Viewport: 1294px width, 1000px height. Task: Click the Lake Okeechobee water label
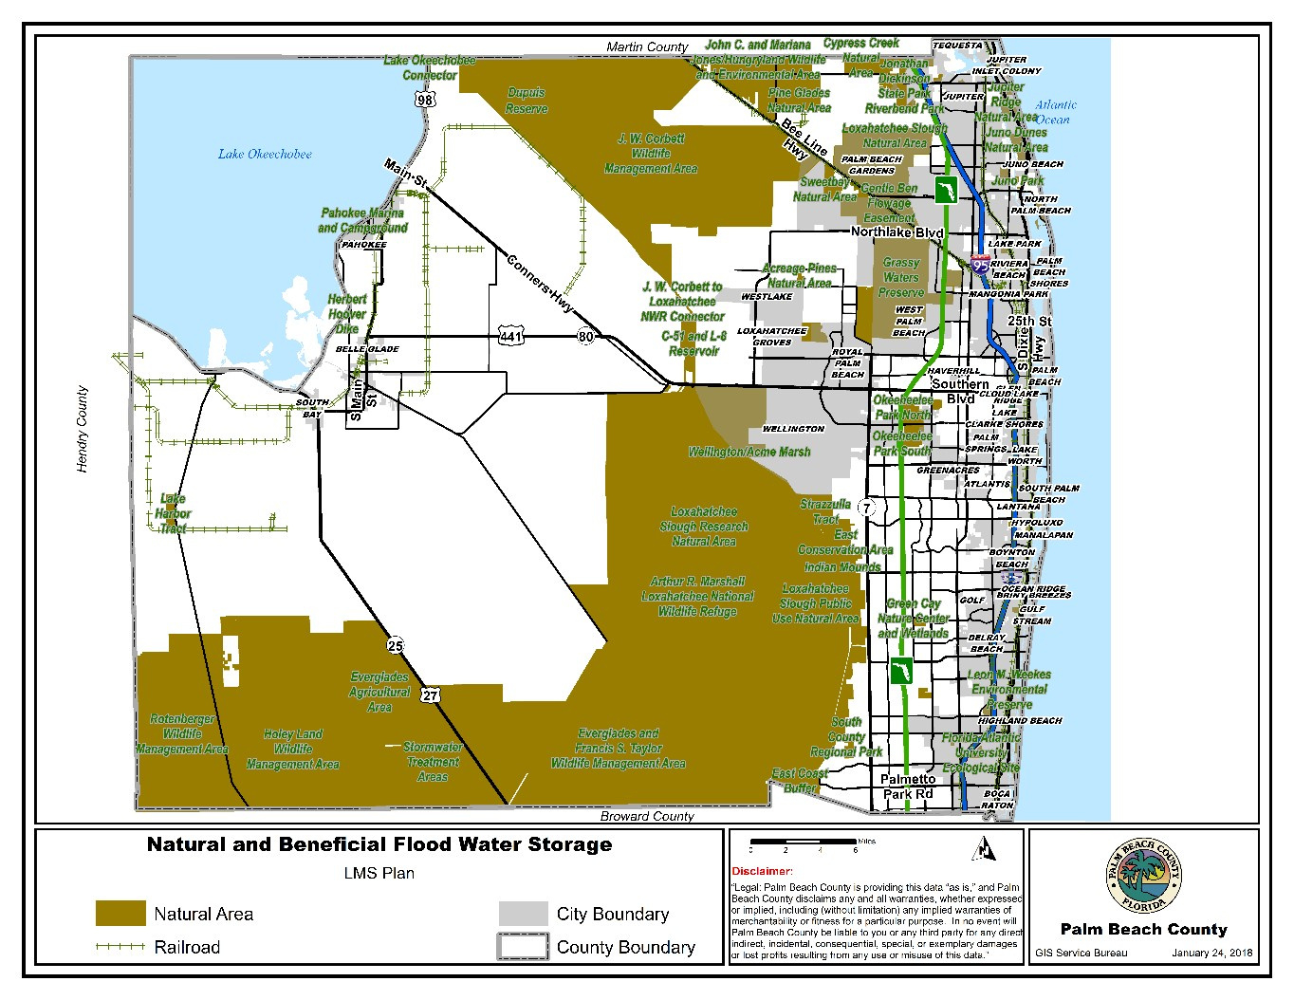(x=265, y=154)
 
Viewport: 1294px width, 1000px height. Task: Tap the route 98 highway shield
(x=424, y=100)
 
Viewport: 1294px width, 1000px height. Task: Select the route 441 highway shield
(x=510, y=336)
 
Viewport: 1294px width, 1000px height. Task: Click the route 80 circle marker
(x=585, y=336)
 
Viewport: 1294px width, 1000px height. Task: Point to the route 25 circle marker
(x=395, y=646)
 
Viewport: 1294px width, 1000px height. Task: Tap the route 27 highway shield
(x=431, y=695)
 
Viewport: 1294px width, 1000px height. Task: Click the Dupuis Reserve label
(x=527, y=101)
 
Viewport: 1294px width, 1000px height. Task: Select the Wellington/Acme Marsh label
(x=749, y=452)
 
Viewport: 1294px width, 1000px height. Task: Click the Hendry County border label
(x=83, y=429)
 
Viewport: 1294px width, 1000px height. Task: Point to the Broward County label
(x=647, y=816)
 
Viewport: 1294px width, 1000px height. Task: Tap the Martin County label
(x=647, y=46)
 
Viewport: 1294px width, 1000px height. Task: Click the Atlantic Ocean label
(x=1054, y=112)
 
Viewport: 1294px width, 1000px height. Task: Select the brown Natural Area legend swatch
(x=120, y=914)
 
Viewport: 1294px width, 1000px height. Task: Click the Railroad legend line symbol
(x=120, y=947)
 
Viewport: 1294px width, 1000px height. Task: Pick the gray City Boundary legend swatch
(x=524, y=914)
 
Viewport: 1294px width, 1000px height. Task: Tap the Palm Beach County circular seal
(x=1144, y=878)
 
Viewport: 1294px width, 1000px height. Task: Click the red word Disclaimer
(x=761, y=871)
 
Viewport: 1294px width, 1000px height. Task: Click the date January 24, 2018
(x=1211, y=953)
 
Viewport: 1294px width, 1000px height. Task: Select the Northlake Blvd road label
(x=897, y=232)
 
